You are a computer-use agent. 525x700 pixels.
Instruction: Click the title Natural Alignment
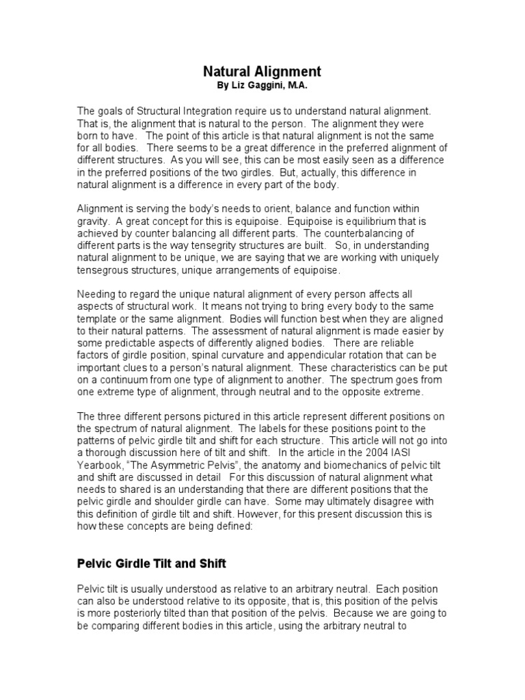click(262, 71)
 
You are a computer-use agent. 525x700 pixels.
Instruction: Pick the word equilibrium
click(355, 221)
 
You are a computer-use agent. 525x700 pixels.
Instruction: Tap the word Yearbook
click(102, 467)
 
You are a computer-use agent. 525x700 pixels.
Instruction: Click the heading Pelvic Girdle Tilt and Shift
click(150, 565)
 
